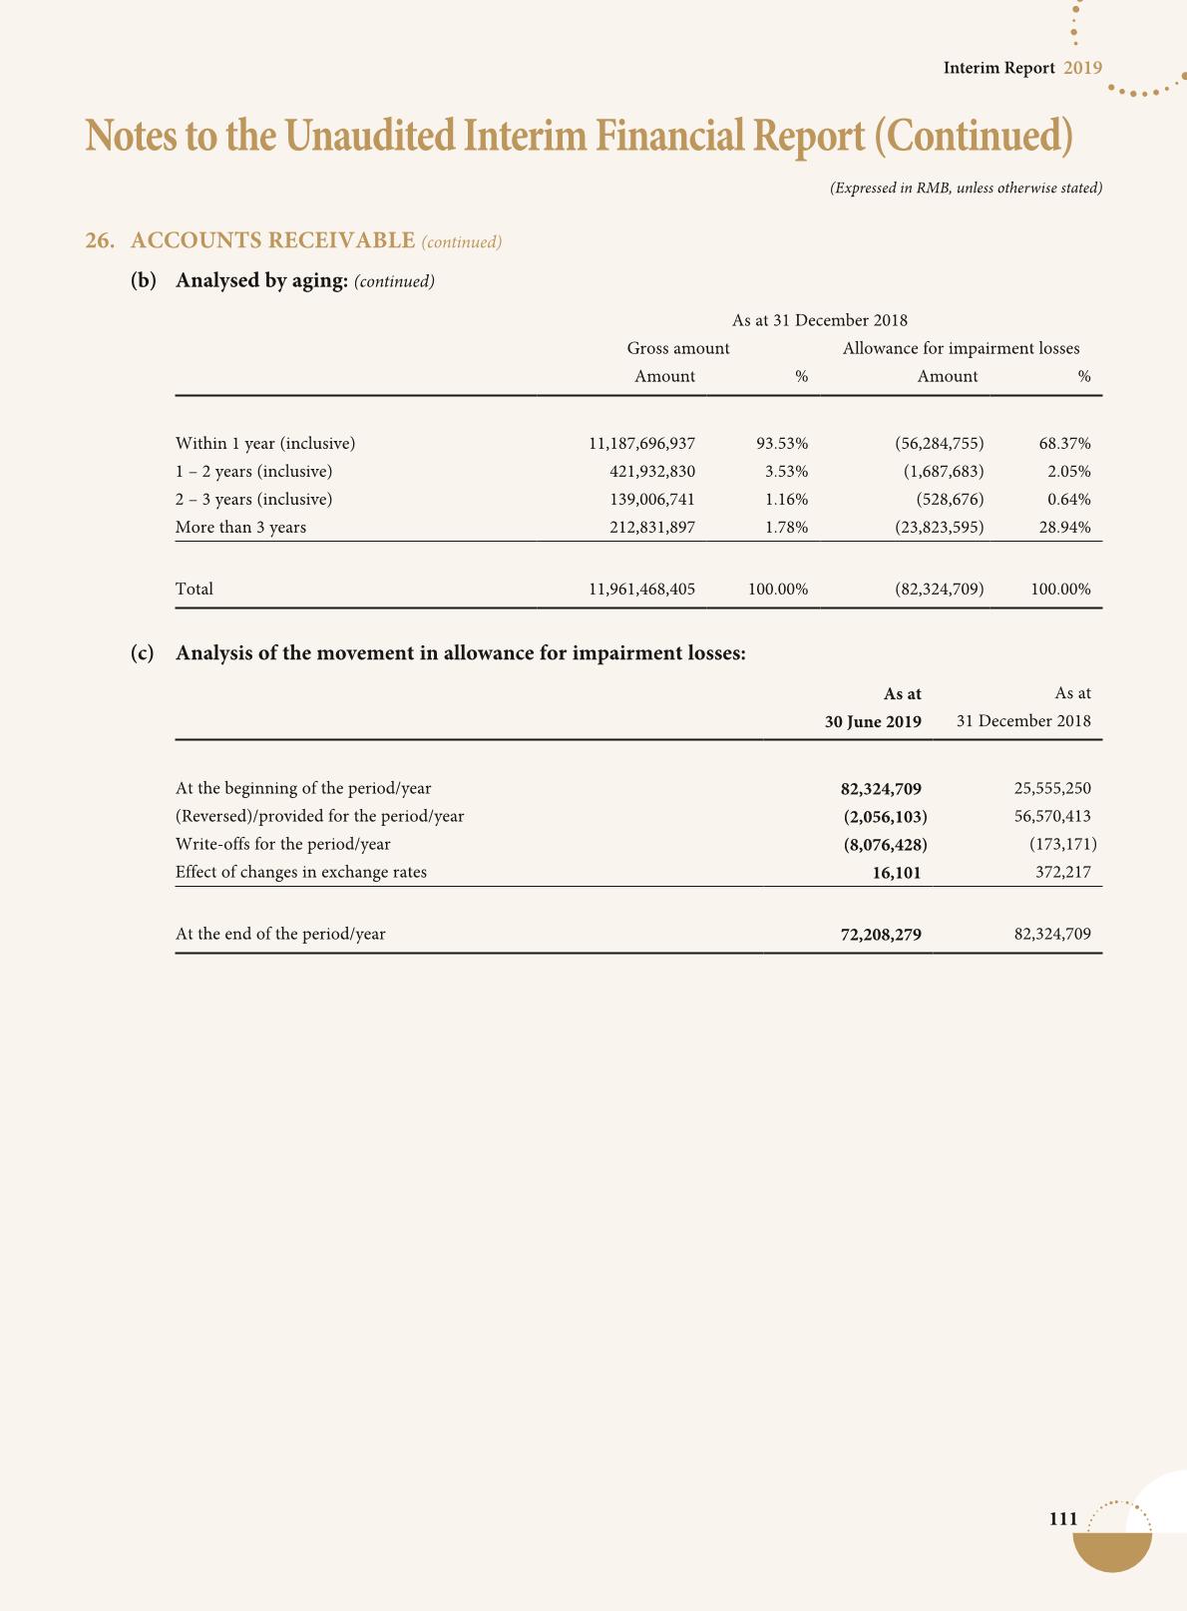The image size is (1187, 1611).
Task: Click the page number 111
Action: coord(1063,1519)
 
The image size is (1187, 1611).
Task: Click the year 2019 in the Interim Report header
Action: coord(1082,68)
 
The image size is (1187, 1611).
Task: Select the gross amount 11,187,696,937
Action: coord(641,443)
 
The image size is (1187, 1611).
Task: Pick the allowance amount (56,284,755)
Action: coord(940,443)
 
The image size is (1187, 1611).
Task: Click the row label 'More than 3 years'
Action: coord(240,527)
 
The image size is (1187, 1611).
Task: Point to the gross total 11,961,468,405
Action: coord(641,589)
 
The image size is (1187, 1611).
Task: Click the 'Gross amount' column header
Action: coord(678,348)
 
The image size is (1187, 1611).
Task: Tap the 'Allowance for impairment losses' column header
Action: coord(961,348)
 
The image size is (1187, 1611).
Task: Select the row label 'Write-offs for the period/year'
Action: coord(282,844)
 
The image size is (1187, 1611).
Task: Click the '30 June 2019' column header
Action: coord(873,721)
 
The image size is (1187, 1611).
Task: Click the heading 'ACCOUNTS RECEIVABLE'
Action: coord(272,240)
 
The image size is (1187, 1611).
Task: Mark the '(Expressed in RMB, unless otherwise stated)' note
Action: coord(966,188)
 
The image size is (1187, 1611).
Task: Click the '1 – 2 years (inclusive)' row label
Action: coord(253,471)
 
